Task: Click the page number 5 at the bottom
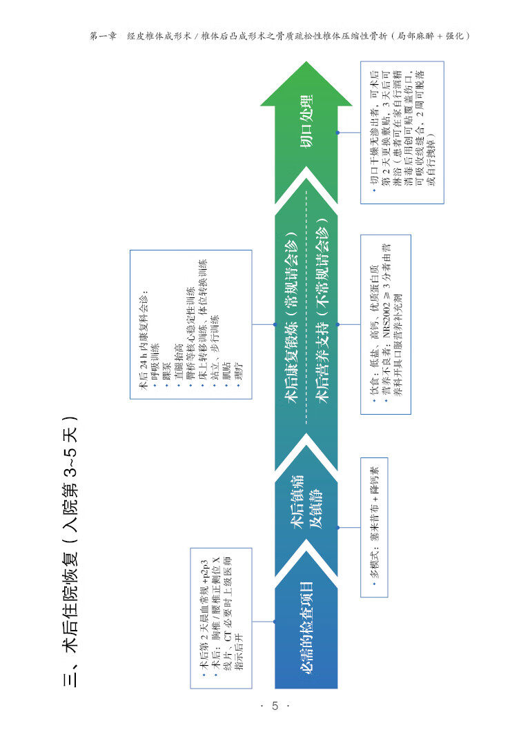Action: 274,706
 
